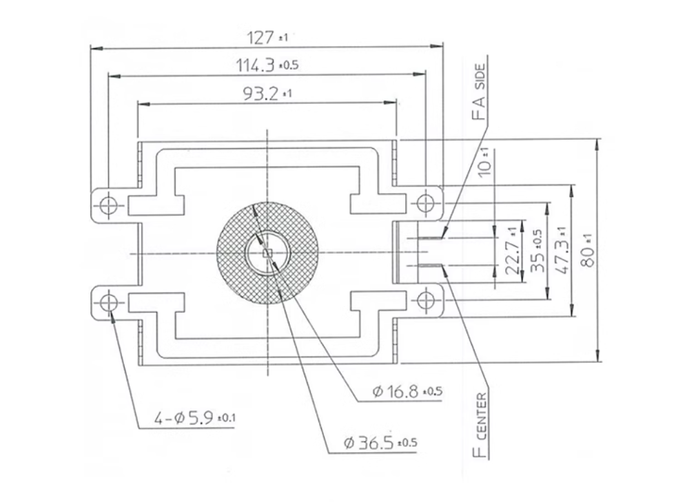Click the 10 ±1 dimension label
tap(485, 162)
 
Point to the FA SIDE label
tap(479, 92)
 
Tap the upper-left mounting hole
tap(107, 205)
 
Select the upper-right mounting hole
tap(426, 202)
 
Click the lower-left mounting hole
tap(107, 304)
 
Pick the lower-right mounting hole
tap(426, 300)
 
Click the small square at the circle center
tap(268, 253)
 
